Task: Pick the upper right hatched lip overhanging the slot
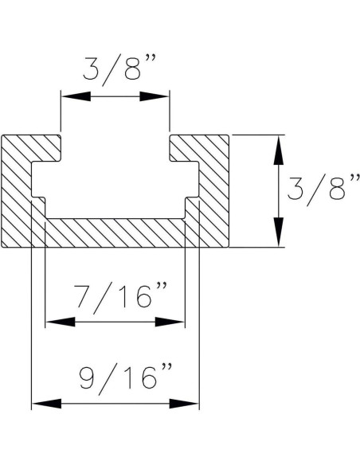point(199,147)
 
